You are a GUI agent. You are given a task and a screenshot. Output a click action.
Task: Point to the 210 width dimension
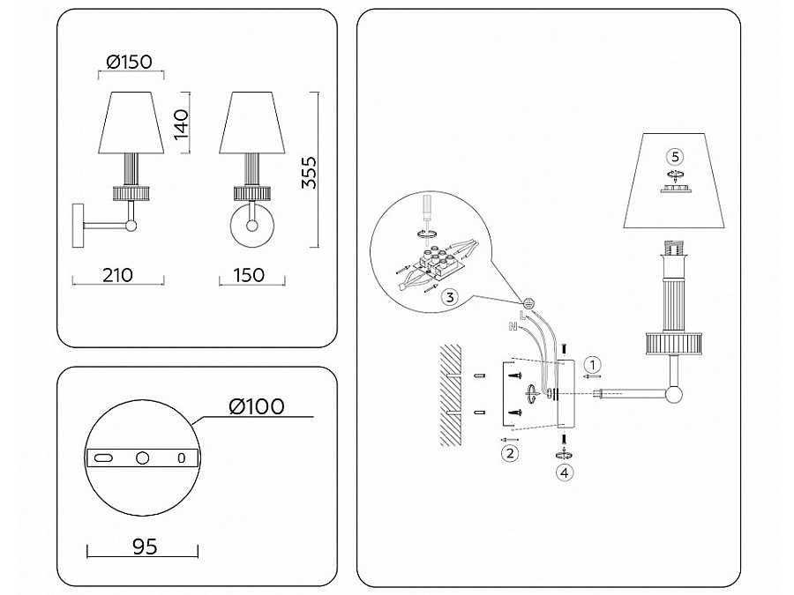[117, 274]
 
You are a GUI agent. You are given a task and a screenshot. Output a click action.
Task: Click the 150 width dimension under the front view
[250, 274]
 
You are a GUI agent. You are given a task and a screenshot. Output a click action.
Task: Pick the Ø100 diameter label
[256, 406]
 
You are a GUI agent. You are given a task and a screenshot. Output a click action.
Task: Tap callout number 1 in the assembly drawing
[594, 363]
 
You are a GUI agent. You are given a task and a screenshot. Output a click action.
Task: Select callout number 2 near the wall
[508, 454]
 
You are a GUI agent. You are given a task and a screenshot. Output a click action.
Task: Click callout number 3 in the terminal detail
[450, 297]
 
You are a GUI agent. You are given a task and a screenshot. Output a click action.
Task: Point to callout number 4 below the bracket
[564, 472]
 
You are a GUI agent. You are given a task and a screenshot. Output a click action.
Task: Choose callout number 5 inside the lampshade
[675, 156]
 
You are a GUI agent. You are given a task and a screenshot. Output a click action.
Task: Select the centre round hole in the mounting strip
[141, 457]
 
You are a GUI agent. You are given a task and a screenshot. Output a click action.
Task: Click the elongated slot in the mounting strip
[103, 457]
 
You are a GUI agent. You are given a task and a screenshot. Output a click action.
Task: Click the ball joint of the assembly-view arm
[675, 394]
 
